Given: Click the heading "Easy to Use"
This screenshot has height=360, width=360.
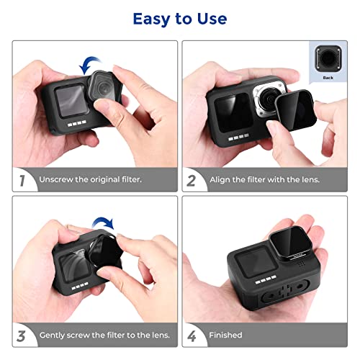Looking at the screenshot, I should (179, 19).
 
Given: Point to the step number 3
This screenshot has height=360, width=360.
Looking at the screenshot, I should (22, 335).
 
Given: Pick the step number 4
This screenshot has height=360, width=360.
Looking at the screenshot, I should (192, 335).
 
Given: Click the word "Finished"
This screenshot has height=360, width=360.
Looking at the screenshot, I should (225, 335).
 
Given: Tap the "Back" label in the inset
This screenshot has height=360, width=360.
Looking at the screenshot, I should (328, 76).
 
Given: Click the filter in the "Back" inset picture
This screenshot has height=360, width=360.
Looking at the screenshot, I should (328, 58).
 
